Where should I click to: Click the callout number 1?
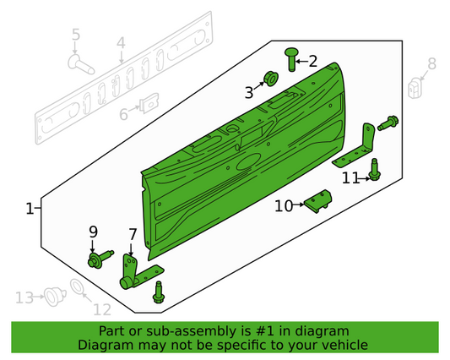[x=30, y=208]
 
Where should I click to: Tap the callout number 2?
[x=312, y=61]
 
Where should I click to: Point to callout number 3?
[x=250, y=92]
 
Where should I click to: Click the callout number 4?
[x=121, y=43]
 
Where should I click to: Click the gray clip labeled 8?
[x=415, y=89]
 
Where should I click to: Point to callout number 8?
[x=431, y=63]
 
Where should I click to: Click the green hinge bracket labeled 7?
[x=131, y=270]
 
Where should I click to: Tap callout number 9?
[x=94, y=232]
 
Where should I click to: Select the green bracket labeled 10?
[x=318, y=201]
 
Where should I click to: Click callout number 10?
[x=282, y=205]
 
